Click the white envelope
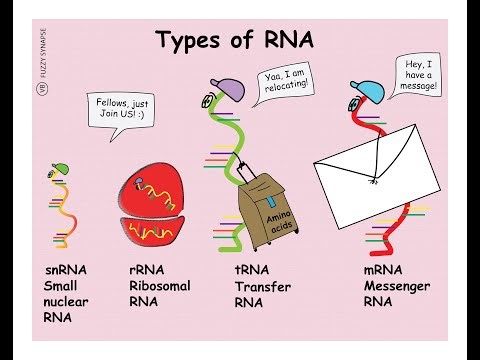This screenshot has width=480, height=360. click(377, 175)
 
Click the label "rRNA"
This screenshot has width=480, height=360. click(148, 271)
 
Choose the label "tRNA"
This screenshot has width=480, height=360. click(254, 271)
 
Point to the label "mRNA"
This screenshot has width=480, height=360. click(386, 271)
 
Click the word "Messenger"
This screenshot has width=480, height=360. click(397, 287)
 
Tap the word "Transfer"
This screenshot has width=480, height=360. click(263, 288)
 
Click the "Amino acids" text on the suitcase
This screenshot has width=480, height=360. click(278, 212)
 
